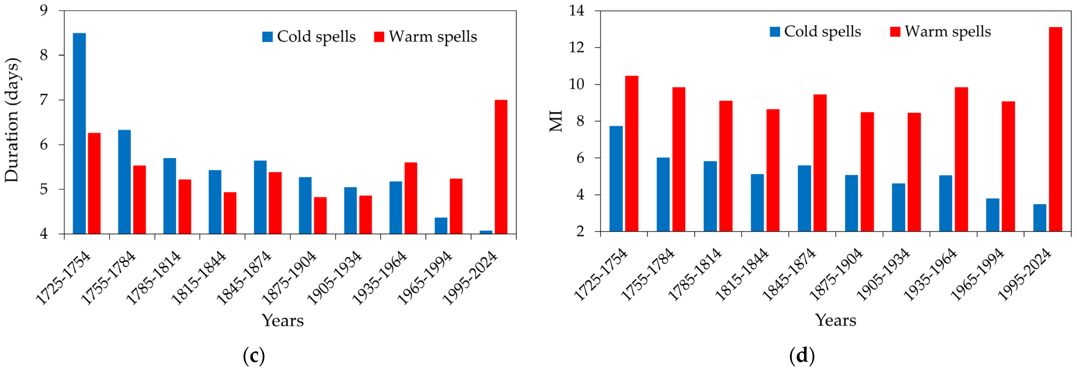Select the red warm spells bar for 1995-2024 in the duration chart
point(501,167)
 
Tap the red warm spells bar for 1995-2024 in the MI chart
point(1055,130)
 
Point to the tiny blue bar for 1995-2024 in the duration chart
point(486,232)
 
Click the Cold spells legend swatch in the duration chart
point(267,37)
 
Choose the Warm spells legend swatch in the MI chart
point(895,32)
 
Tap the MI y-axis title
point(556,121)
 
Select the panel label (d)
point(802,356)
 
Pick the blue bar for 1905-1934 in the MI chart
point(899,208)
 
